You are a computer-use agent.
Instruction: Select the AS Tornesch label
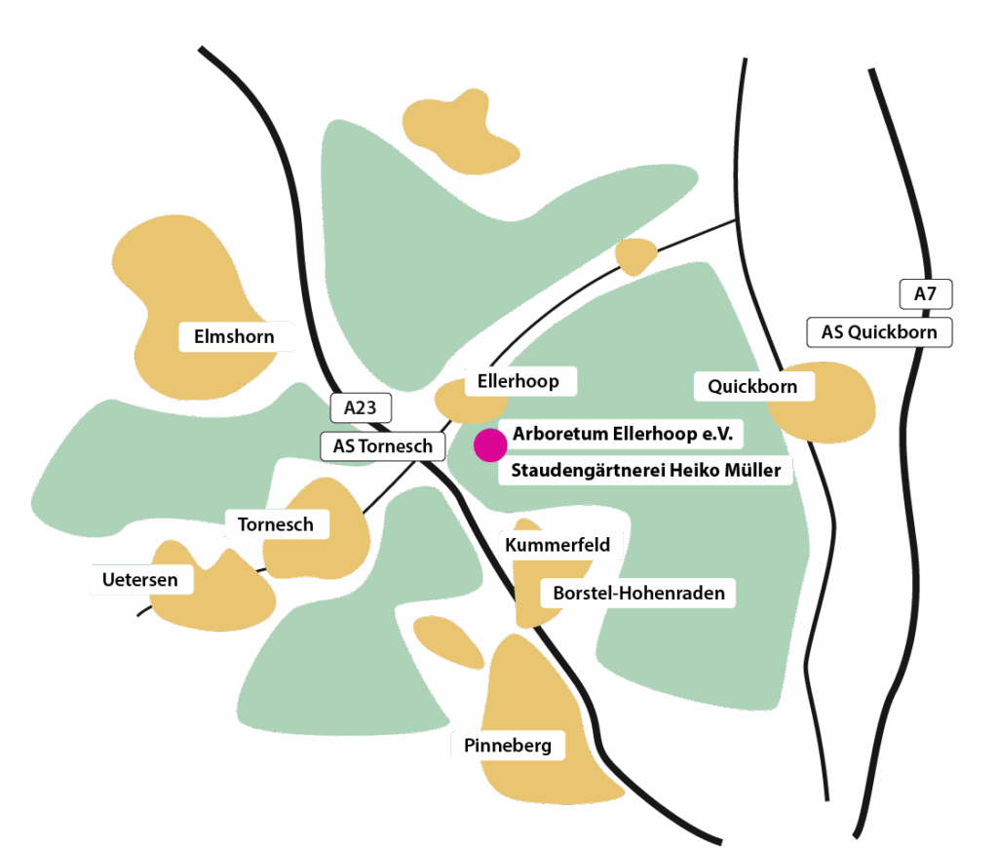click(383, 446)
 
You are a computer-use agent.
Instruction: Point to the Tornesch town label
click(276, 524)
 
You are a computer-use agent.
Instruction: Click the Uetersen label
click(140, 580)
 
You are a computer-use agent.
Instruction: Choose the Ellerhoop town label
click(518, 381)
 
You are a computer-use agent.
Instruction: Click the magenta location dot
click(490, 444)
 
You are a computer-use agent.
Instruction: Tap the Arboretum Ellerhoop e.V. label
click(622, 433)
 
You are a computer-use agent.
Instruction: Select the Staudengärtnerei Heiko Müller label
click(645, 471)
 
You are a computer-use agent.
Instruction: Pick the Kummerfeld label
click(557, 545)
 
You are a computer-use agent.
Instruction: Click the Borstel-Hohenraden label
click(638, 593)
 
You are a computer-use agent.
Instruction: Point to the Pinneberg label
click(508, 746)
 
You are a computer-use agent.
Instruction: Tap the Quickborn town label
click(752, 386)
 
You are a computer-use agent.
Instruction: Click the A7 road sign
click(925, 293)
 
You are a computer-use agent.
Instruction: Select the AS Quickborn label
click(879, 332)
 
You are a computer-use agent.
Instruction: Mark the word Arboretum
click(557, 433)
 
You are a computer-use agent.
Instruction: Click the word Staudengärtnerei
click(587, 471)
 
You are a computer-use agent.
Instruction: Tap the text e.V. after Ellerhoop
click(715, 433)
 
